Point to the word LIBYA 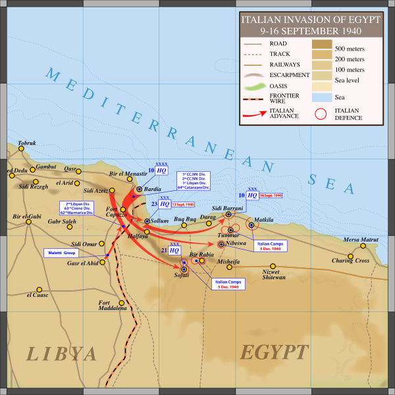point(61,354)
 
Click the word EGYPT point(275,352)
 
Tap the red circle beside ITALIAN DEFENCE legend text point(321,114)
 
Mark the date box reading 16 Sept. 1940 point(270,196)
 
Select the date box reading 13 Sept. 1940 point(174,205)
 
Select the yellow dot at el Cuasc point(39,289)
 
